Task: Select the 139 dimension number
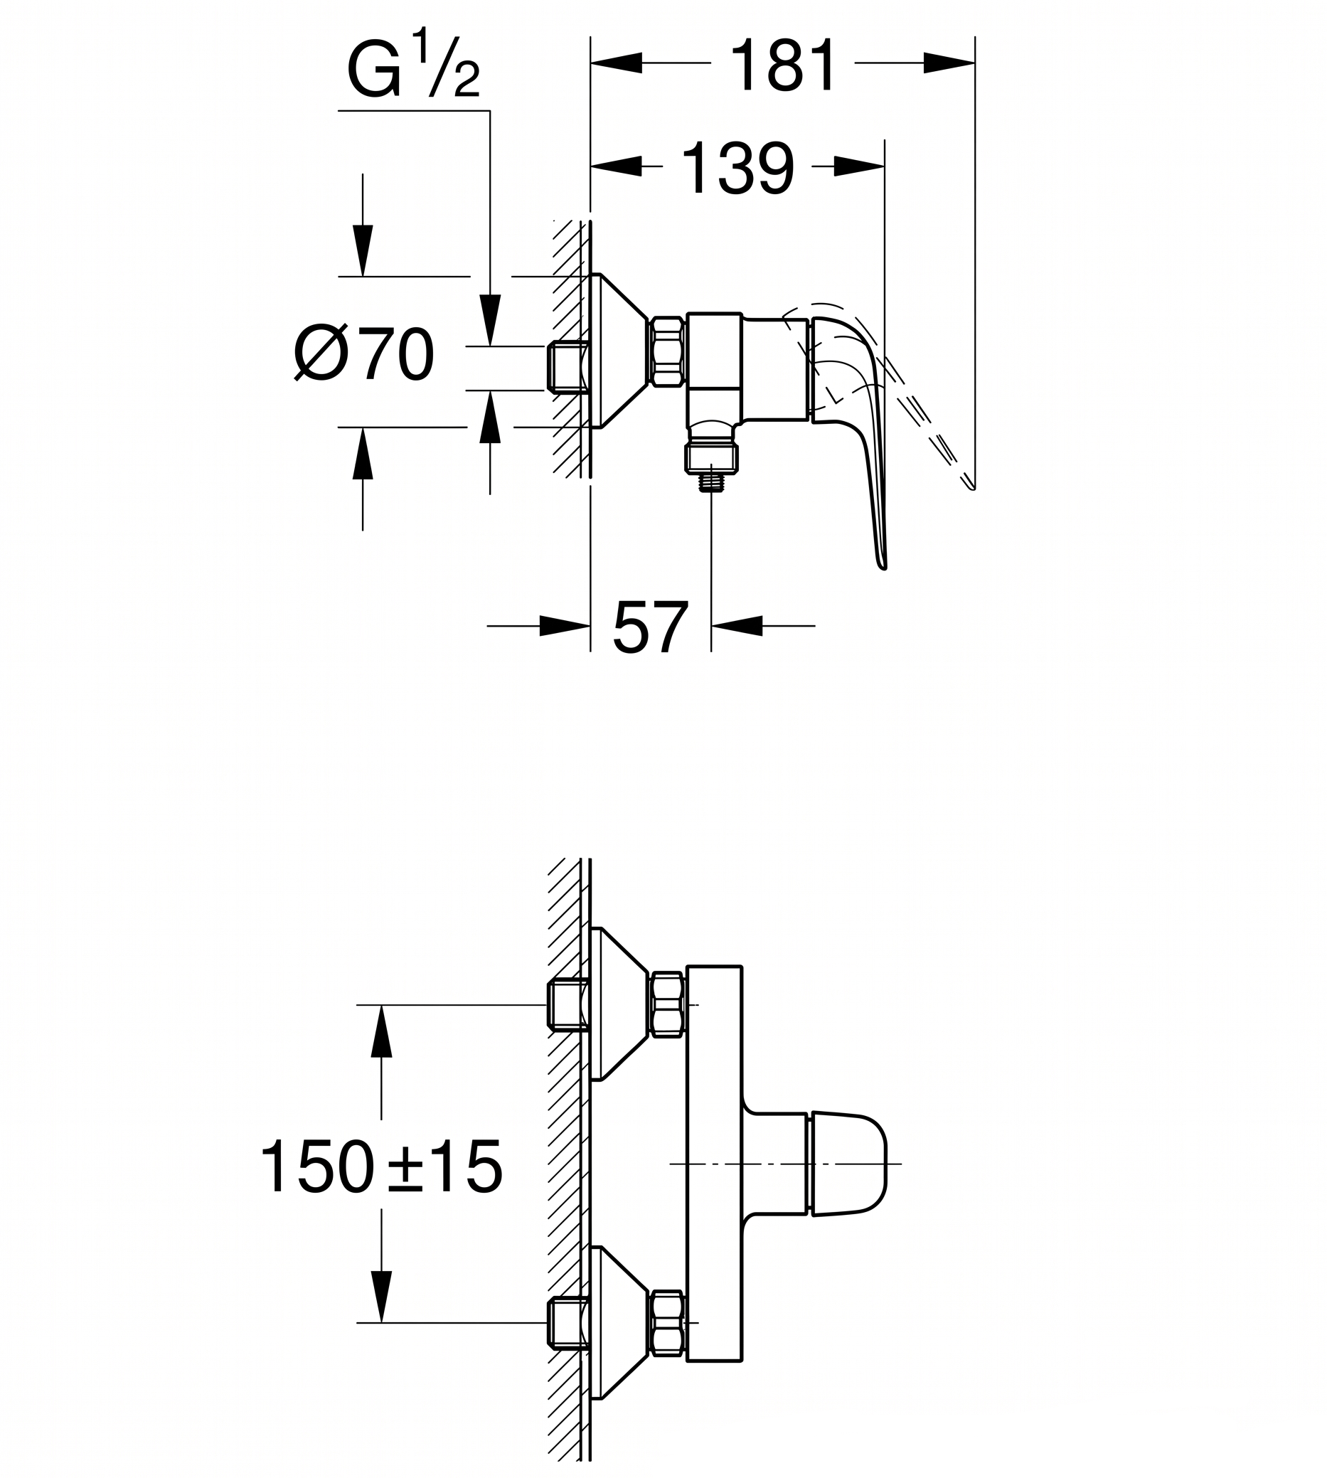(737, 169)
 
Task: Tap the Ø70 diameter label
(364, 354)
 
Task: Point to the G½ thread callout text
(413, 64)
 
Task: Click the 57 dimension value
(651, 627)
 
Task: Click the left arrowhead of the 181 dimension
(617, 63)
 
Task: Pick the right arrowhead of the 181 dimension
(949, 63)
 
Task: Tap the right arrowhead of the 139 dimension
(859, 167)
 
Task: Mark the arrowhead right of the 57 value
(737, 626)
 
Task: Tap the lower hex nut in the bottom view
(667, 1323)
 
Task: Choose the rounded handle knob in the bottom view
(848, 1164)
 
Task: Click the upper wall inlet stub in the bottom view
(568, 1006)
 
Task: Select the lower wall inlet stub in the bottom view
(568, 1323)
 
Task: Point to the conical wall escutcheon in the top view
(619, 351)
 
